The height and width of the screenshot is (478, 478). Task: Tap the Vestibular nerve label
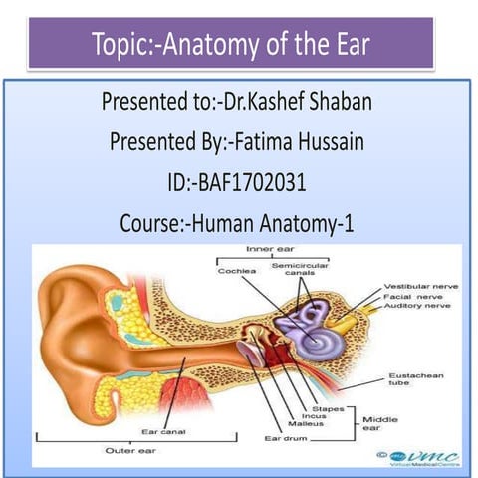[x=421, y=287]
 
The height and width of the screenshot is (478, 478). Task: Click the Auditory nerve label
[x=418, y=308]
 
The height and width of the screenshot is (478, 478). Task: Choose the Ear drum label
[x=284, y=437]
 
